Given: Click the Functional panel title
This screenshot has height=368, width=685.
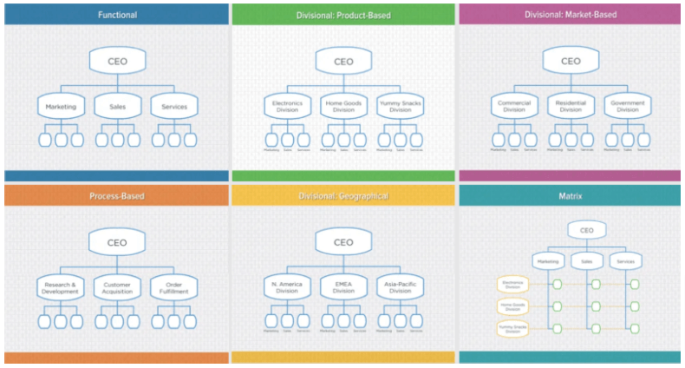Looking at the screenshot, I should click(116, 15).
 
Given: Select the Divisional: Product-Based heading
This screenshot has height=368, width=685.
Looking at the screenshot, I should click(343, 15).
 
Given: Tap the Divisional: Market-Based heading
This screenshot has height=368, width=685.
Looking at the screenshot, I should click(571, 15).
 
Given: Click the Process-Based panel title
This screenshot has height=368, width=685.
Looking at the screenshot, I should click(116, 196).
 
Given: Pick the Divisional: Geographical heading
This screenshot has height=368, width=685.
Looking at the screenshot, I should click(343, 196).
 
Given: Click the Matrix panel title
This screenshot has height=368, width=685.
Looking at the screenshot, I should click(571, 196).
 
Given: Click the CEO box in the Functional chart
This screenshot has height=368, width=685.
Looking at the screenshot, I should click(116, 62).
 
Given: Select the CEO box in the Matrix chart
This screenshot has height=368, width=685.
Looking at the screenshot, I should click(587, 230).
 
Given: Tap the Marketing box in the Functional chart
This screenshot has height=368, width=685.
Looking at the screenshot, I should click(61, 108).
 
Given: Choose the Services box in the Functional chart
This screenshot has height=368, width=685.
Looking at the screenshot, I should click(173, 108).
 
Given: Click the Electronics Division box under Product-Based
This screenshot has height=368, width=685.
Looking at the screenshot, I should click(287, 107).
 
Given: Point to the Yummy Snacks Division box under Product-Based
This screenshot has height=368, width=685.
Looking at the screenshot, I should click(400, 107).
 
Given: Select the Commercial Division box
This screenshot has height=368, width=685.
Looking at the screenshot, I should click(514, 107).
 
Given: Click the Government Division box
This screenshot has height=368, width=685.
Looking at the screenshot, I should click(627, 107).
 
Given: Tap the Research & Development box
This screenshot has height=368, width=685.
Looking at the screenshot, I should click(61, 288).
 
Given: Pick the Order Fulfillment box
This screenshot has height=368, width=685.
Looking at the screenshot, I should click(173, 288).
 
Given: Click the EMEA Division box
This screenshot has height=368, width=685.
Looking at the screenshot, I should click(343, 288).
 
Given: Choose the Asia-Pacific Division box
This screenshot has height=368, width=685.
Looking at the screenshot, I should click(400, 288).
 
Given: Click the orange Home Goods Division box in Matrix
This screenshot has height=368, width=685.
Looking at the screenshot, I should click(515, 306).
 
